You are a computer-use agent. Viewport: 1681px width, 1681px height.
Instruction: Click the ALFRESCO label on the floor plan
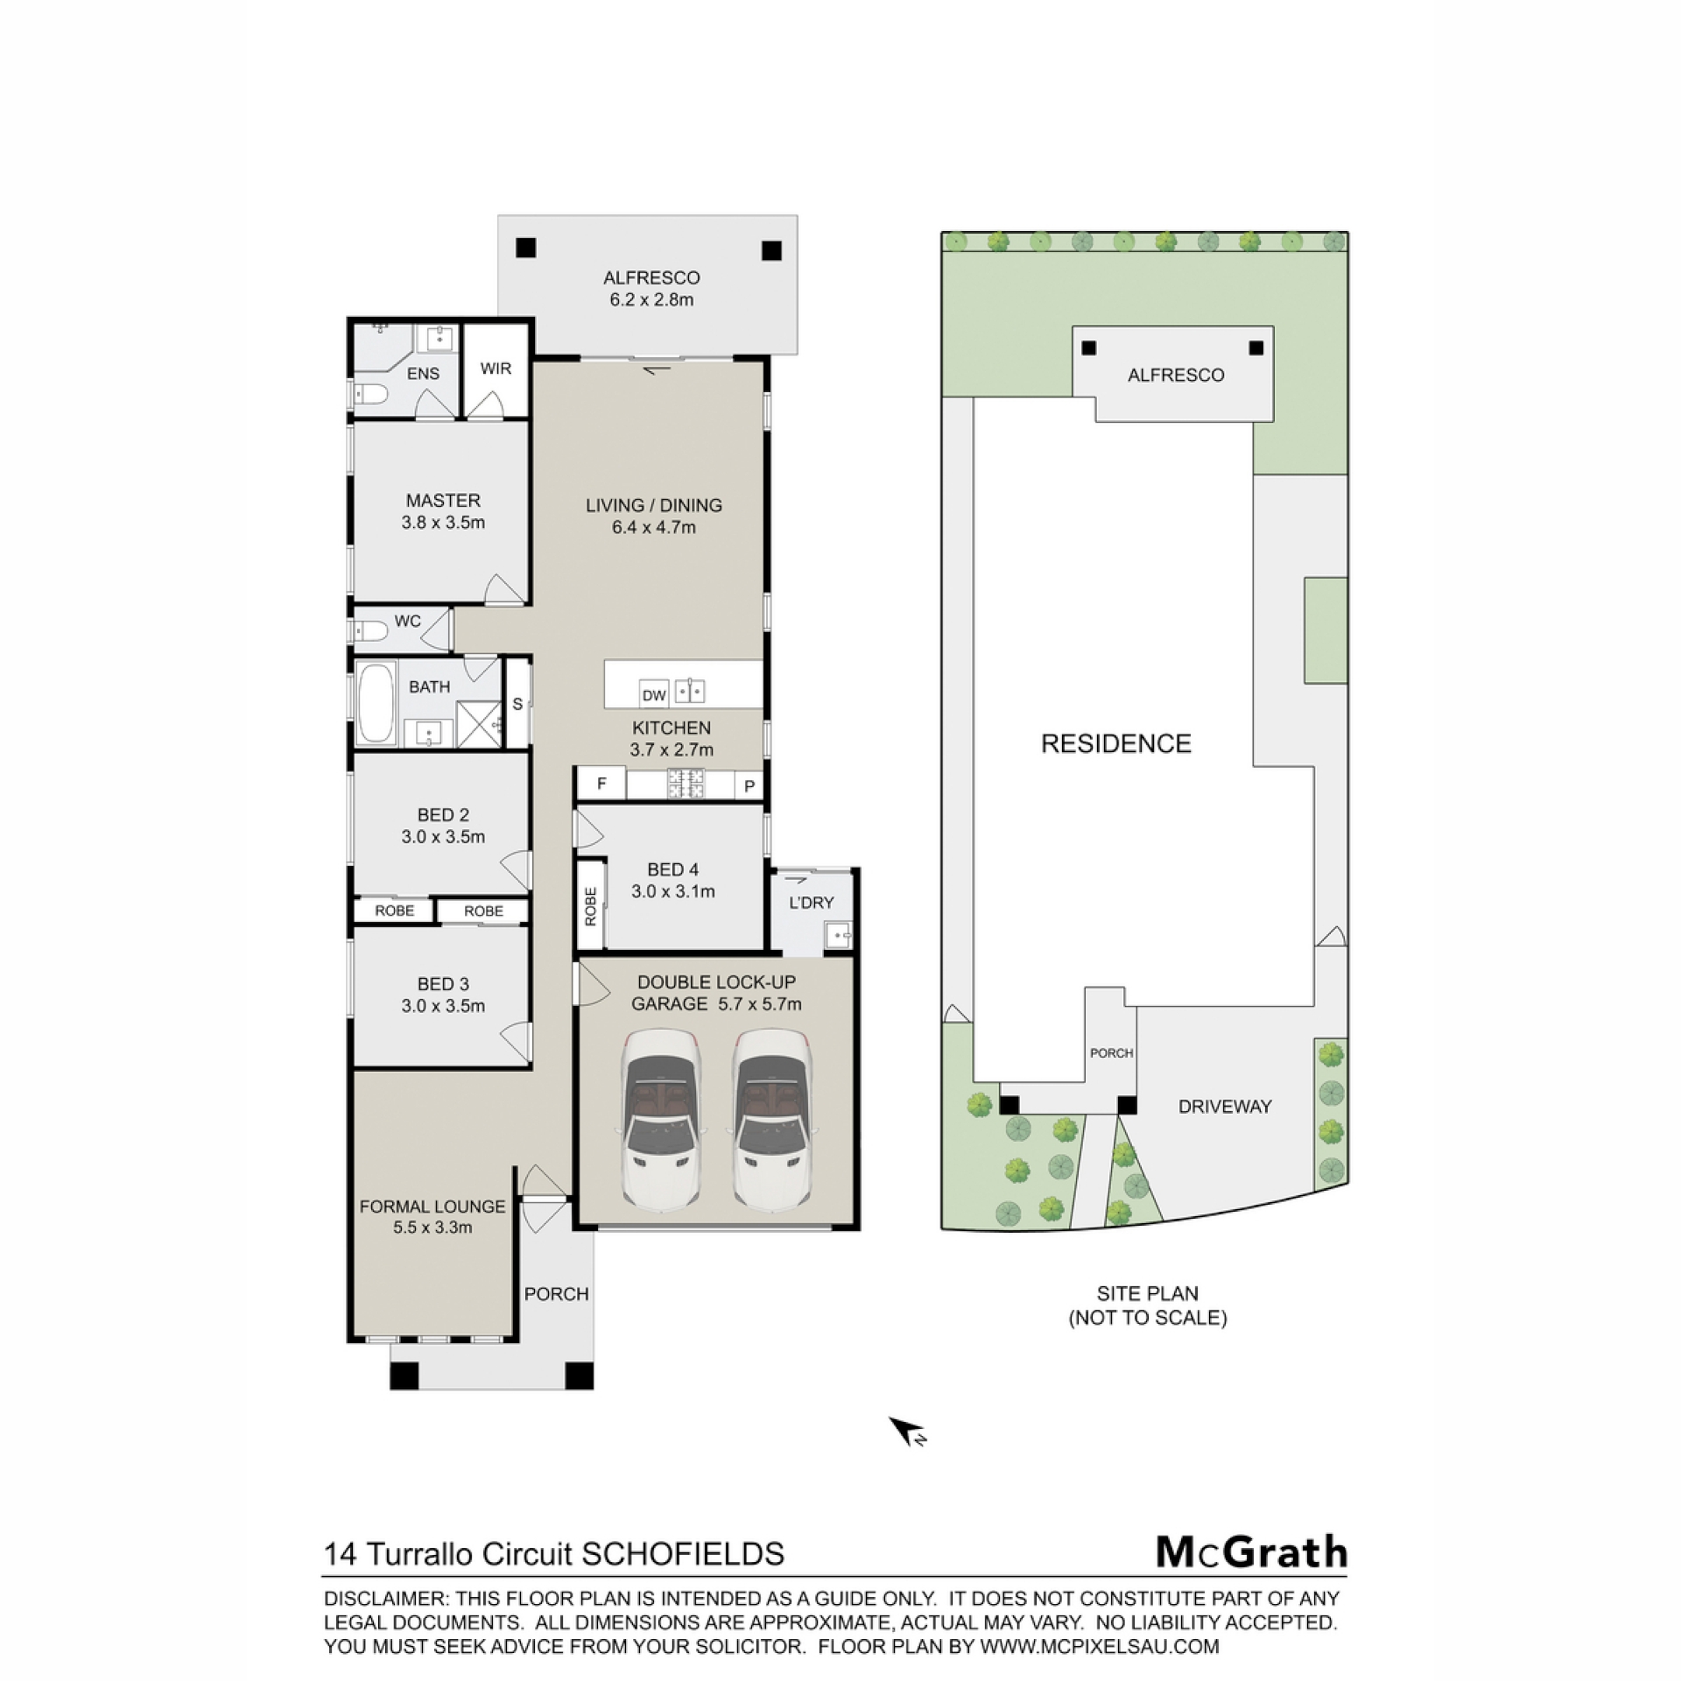click(651, 278)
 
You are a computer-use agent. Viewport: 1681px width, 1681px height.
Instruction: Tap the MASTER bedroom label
click(443, 501)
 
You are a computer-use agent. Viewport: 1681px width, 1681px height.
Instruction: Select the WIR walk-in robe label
click(496, 369)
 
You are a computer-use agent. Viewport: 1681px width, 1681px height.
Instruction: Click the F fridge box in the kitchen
click(601, 783)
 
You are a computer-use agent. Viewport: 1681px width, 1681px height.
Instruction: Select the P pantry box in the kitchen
click(749, 785)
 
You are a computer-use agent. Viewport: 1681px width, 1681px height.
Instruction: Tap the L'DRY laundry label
click(812, 903)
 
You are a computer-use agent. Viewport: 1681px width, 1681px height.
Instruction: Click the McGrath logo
click(1251, 1552)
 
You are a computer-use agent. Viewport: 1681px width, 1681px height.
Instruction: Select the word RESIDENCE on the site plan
click(1116, 744)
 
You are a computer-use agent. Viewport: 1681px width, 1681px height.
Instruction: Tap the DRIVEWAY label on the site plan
click(1225, 1107)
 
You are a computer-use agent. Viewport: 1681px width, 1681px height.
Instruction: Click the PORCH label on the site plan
click(1112, 1053)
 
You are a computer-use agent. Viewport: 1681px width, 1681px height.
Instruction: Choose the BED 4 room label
click(673, 869)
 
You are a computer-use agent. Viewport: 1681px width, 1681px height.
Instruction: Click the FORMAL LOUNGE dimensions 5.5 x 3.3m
click(433, 1227)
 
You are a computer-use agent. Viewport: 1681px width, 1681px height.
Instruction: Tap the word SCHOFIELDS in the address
click(683, 1554)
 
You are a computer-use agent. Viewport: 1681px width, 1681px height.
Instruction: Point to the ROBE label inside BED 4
click(591, 906)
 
